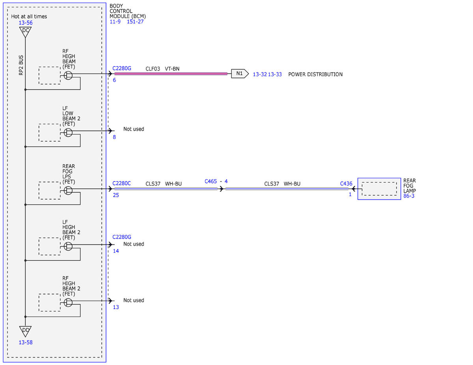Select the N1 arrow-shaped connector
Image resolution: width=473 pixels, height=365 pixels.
(x=240, y=74)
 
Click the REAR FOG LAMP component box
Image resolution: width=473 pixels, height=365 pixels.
(x=379, y=189)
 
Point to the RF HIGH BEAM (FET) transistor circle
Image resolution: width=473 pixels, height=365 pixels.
(x=68, y=76)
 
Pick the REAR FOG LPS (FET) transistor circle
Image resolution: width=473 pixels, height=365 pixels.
(x=68, y=191)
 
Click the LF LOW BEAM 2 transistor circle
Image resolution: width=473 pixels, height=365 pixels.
(x=68, y=133)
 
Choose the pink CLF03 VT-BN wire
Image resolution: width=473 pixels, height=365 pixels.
(x=171, y=74)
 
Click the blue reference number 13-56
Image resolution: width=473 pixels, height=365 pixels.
(x=26, y=23)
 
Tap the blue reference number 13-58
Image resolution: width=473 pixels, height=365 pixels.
(x=26, y=343)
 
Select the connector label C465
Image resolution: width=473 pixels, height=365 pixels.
(x=211, y=181)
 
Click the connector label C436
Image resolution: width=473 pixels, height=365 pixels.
(x=346, y=184)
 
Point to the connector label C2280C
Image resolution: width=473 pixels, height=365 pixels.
(x=121, y=183)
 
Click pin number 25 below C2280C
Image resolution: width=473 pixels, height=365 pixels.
(x=116, y=195)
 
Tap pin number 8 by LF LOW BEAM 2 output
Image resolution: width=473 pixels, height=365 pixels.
(x=114, y=137)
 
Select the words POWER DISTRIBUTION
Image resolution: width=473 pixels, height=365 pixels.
(x=315, y=74)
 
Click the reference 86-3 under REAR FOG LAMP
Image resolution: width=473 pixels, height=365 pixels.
(x=409, y=196)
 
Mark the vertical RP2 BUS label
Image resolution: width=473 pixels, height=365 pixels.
(x=21, y=65)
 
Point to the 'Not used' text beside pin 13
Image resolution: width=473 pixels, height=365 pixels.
(x=134, y=300)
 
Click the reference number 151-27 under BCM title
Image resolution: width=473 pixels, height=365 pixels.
(x=135, y=22)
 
